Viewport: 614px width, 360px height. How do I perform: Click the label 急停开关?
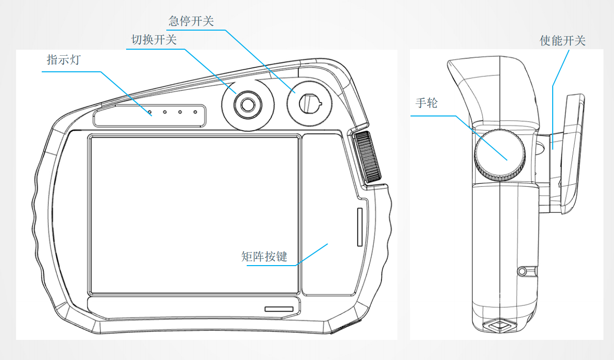pos(191,21)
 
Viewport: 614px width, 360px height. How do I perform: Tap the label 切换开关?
pos(154,40)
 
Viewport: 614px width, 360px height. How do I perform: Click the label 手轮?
pos(427,103)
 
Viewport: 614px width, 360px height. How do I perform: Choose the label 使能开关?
pos(563,41)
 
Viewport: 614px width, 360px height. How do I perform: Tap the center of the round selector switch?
pos(247,104)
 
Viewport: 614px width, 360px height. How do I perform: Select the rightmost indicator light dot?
pos(195,111)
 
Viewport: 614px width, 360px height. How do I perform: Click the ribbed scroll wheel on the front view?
pos(367,157)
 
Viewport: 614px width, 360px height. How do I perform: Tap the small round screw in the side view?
pos(523,272)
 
